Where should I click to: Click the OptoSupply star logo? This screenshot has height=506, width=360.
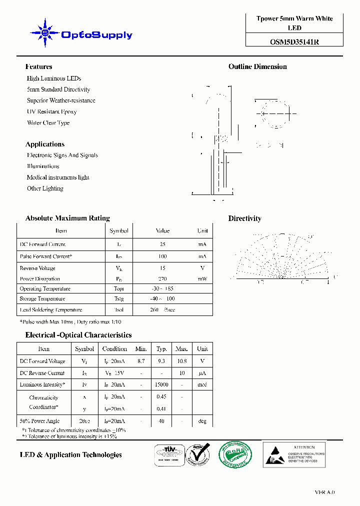coord(45,33)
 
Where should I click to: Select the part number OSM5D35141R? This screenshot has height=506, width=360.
coord(294,42)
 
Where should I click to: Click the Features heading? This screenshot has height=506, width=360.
coord(38,66)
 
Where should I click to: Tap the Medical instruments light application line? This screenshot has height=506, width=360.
coord(58,177)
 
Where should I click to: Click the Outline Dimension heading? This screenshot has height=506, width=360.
coord(257,66)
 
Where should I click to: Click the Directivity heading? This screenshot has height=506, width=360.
coord(244,218)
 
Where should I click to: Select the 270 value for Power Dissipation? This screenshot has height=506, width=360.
coord(162,279)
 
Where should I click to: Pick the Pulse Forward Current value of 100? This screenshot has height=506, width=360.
coord(162,256)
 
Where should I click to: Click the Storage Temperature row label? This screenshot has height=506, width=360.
coord(42,299)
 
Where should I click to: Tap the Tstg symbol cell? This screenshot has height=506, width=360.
coord(119,299)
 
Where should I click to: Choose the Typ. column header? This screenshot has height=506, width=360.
coord(161,349)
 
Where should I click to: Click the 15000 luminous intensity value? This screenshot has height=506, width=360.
coord(161,385)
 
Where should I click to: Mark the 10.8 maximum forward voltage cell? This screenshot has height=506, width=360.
coord(181,361)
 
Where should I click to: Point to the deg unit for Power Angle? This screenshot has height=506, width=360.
coord(202,421)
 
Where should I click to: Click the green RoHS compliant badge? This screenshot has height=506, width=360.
coord(235,454)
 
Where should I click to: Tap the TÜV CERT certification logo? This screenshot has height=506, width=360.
coord(167,454)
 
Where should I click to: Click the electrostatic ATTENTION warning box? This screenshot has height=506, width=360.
coord(294,454)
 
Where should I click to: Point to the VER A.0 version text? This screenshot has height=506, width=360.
coord(324,492)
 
